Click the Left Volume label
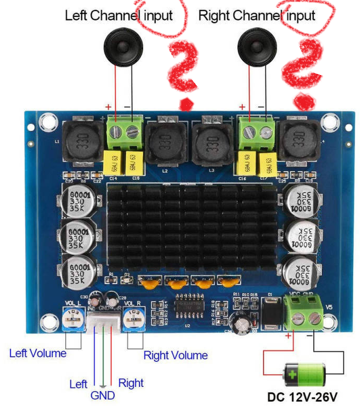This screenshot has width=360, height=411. pos(38,353)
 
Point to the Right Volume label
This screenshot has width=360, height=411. pos(175,355)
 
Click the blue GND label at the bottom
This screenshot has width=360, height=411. pos(102,395)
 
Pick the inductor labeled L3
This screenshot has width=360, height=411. pos(211,141)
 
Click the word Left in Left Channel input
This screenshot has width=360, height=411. pos(76,16)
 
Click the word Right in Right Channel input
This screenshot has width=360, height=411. pos(213,16)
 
